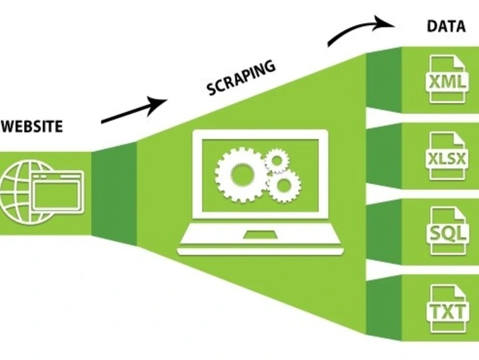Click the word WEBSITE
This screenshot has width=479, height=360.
32,126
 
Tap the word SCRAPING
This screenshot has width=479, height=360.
241,78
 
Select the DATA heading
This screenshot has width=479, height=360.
446,26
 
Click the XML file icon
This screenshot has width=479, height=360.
447,79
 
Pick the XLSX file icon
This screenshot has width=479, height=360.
447,156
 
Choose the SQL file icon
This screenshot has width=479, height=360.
447,232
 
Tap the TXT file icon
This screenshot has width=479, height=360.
447,309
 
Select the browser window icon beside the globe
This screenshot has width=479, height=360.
58,191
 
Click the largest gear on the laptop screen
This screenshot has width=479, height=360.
239,175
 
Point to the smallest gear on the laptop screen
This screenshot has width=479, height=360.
276,160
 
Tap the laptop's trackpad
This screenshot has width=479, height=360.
260,235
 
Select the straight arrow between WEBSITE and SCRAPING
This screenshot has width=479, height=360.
135,110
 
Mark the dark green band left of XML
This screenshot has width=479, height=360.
383,80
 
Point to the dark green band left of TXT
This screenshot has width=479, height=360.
383,307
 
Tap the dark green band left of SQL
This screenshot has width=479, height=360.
383,232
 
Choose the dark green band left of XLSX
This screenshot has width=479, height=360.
383,156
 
